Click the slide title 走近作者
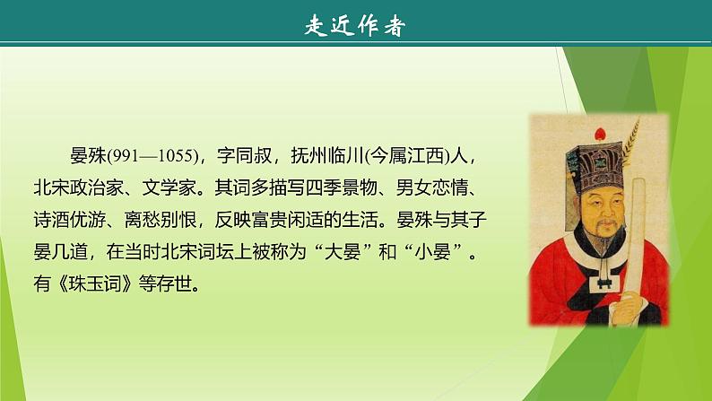[356, 25]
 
